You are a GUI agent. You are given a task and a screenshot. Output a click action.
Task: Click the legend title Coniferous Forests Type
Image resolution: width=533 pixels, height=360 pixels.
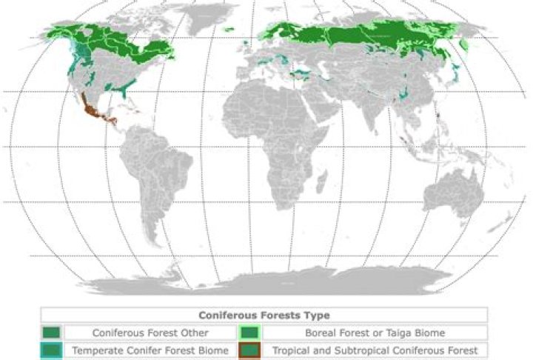(264, 316)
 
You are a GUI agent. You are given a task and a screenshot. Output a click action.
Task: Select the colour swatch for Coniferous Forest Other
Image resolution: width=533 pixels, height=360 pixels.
(52, 333)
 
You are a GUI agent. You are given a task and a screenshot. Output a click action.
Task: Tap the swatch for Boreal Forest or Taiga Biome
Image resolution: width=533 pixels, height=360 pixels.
(250, 333)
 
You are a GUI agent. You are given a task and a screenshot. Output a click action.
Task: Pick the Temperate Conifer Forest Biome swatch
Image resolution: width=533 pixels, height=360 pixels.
(52, 350)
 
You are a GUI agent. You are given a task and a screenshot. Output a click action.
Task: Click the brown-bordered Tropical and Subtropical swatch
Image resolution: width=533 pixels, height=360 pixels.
(250, 350)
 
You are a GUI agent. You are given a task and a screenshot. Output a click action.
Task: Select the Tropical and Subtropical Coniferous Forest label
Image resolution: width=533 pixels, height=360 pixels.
(375, 350)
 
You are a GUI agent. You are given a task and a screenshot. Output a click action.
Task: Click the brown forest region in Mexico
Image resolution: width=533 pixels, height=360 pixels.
(91, 113)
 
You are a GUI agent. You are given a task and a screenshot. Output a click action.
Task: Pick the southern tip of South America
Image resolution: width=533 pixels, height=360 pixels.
(156, 241)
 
